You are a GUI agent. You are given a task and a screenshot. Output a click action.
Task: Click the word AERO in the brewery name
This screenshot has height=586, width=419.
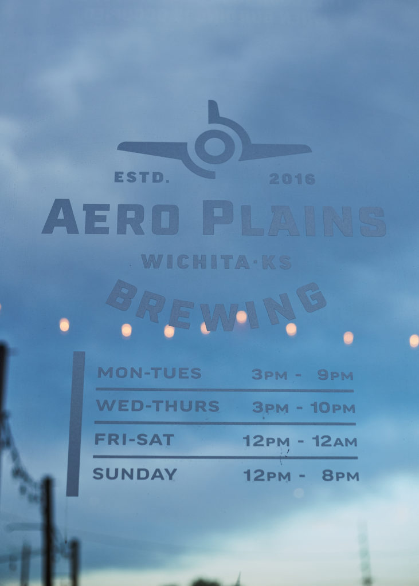[111, 217]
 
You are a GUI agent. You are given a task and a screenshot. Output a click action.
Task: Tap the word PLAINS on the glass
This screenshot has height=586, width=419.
[294, 219]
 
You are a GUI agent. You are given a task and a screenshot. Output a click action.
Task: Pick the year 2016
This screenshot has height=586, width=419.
[292, 179]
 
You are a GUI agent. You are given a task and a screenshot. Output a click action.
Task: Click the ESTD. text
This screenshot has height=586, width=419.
[142, 177]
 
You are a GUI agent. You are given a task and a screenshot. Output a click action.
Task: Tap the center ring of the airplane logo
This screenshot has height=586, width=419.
[214, 146]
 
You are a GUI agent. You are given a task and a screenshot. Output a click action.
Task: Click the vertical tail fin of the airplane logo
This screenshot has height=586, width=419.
[214, 112]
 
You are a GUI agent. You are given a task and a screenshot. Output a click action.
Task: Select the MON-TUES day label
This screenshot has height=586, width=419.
[150, 373]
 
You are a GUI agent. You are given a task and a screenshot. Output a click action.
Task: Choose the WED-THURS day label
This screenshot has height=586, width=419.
[158, 406]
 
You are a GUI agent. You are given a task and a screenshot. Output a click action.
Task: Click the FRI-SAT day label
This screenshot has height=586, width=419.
[134, 439]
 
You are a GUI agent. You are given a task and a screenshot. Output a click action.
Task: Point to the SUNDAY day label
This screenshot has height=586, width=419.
[135, 474]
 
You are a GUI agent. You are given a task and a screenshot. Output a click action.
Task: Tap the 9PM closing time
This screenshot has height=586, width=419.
[335, 375]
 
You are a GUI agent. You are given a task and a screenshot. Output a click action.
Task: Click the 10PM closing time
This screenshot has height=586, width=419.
[332, 407]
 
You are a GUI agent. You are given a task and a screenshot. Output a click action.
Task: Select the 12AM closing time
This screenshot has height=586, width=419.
[335, 441]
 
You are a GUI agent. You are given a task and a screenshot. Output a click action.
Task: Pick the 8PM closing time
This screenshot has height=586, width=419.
[340, 476]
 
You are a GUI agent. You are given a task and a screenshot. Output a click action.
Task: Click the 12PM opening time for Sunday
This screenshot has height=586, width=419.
[267, 476]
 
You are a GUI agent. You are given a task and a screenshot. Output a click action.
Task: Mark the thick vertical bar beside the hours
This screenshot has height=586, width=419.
[76, 424]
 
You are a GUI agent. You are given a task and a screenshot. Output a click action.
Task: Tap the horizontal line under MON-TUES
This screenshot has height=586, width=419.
[225, 390]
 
